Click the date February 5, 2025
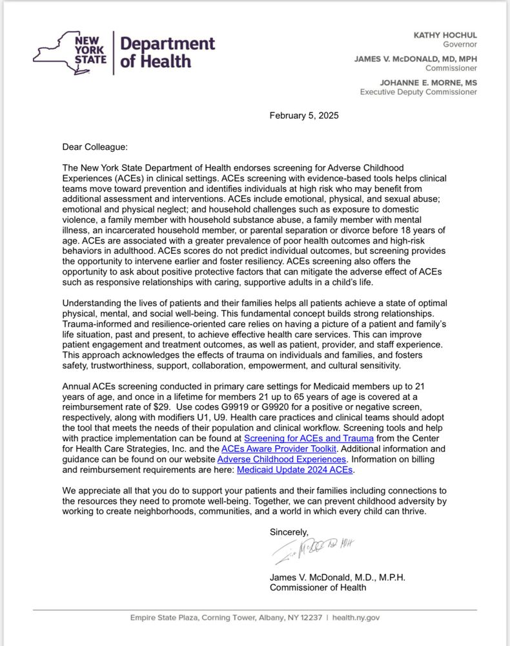tap(303, 116)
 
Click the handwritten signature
tap(314, 549)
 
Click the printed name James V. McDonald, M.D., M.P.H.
tap(337, 577)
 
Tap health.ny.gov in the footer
tap(355, 618)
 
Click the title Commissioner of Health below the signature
tap(318, 587)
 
